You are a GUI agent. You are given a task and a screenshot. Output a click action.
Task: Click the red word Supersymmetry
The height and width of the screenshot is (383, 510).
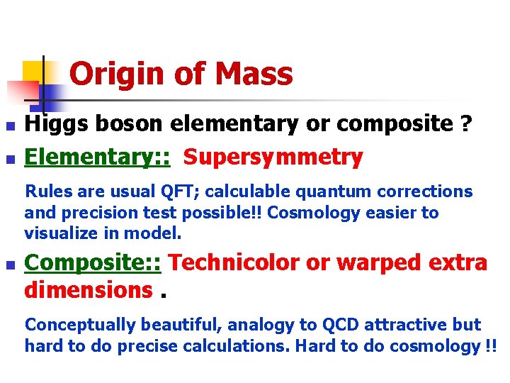point(273,157)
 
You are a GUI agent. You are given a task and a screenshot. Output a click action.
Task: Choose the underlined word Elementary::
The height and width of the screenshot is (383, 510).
point(97,157)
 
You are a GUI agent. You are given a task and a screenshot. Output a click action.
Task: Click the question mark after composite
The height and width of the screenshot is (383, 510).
point(465,125)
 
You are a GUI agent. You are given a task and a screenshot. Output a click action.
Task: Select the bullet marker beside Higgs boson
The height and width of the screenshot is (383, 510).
point(9,126)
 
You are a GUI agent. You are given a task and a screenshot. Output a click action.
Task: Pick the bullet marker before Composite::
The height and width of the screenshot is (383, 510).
point(9,265)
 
